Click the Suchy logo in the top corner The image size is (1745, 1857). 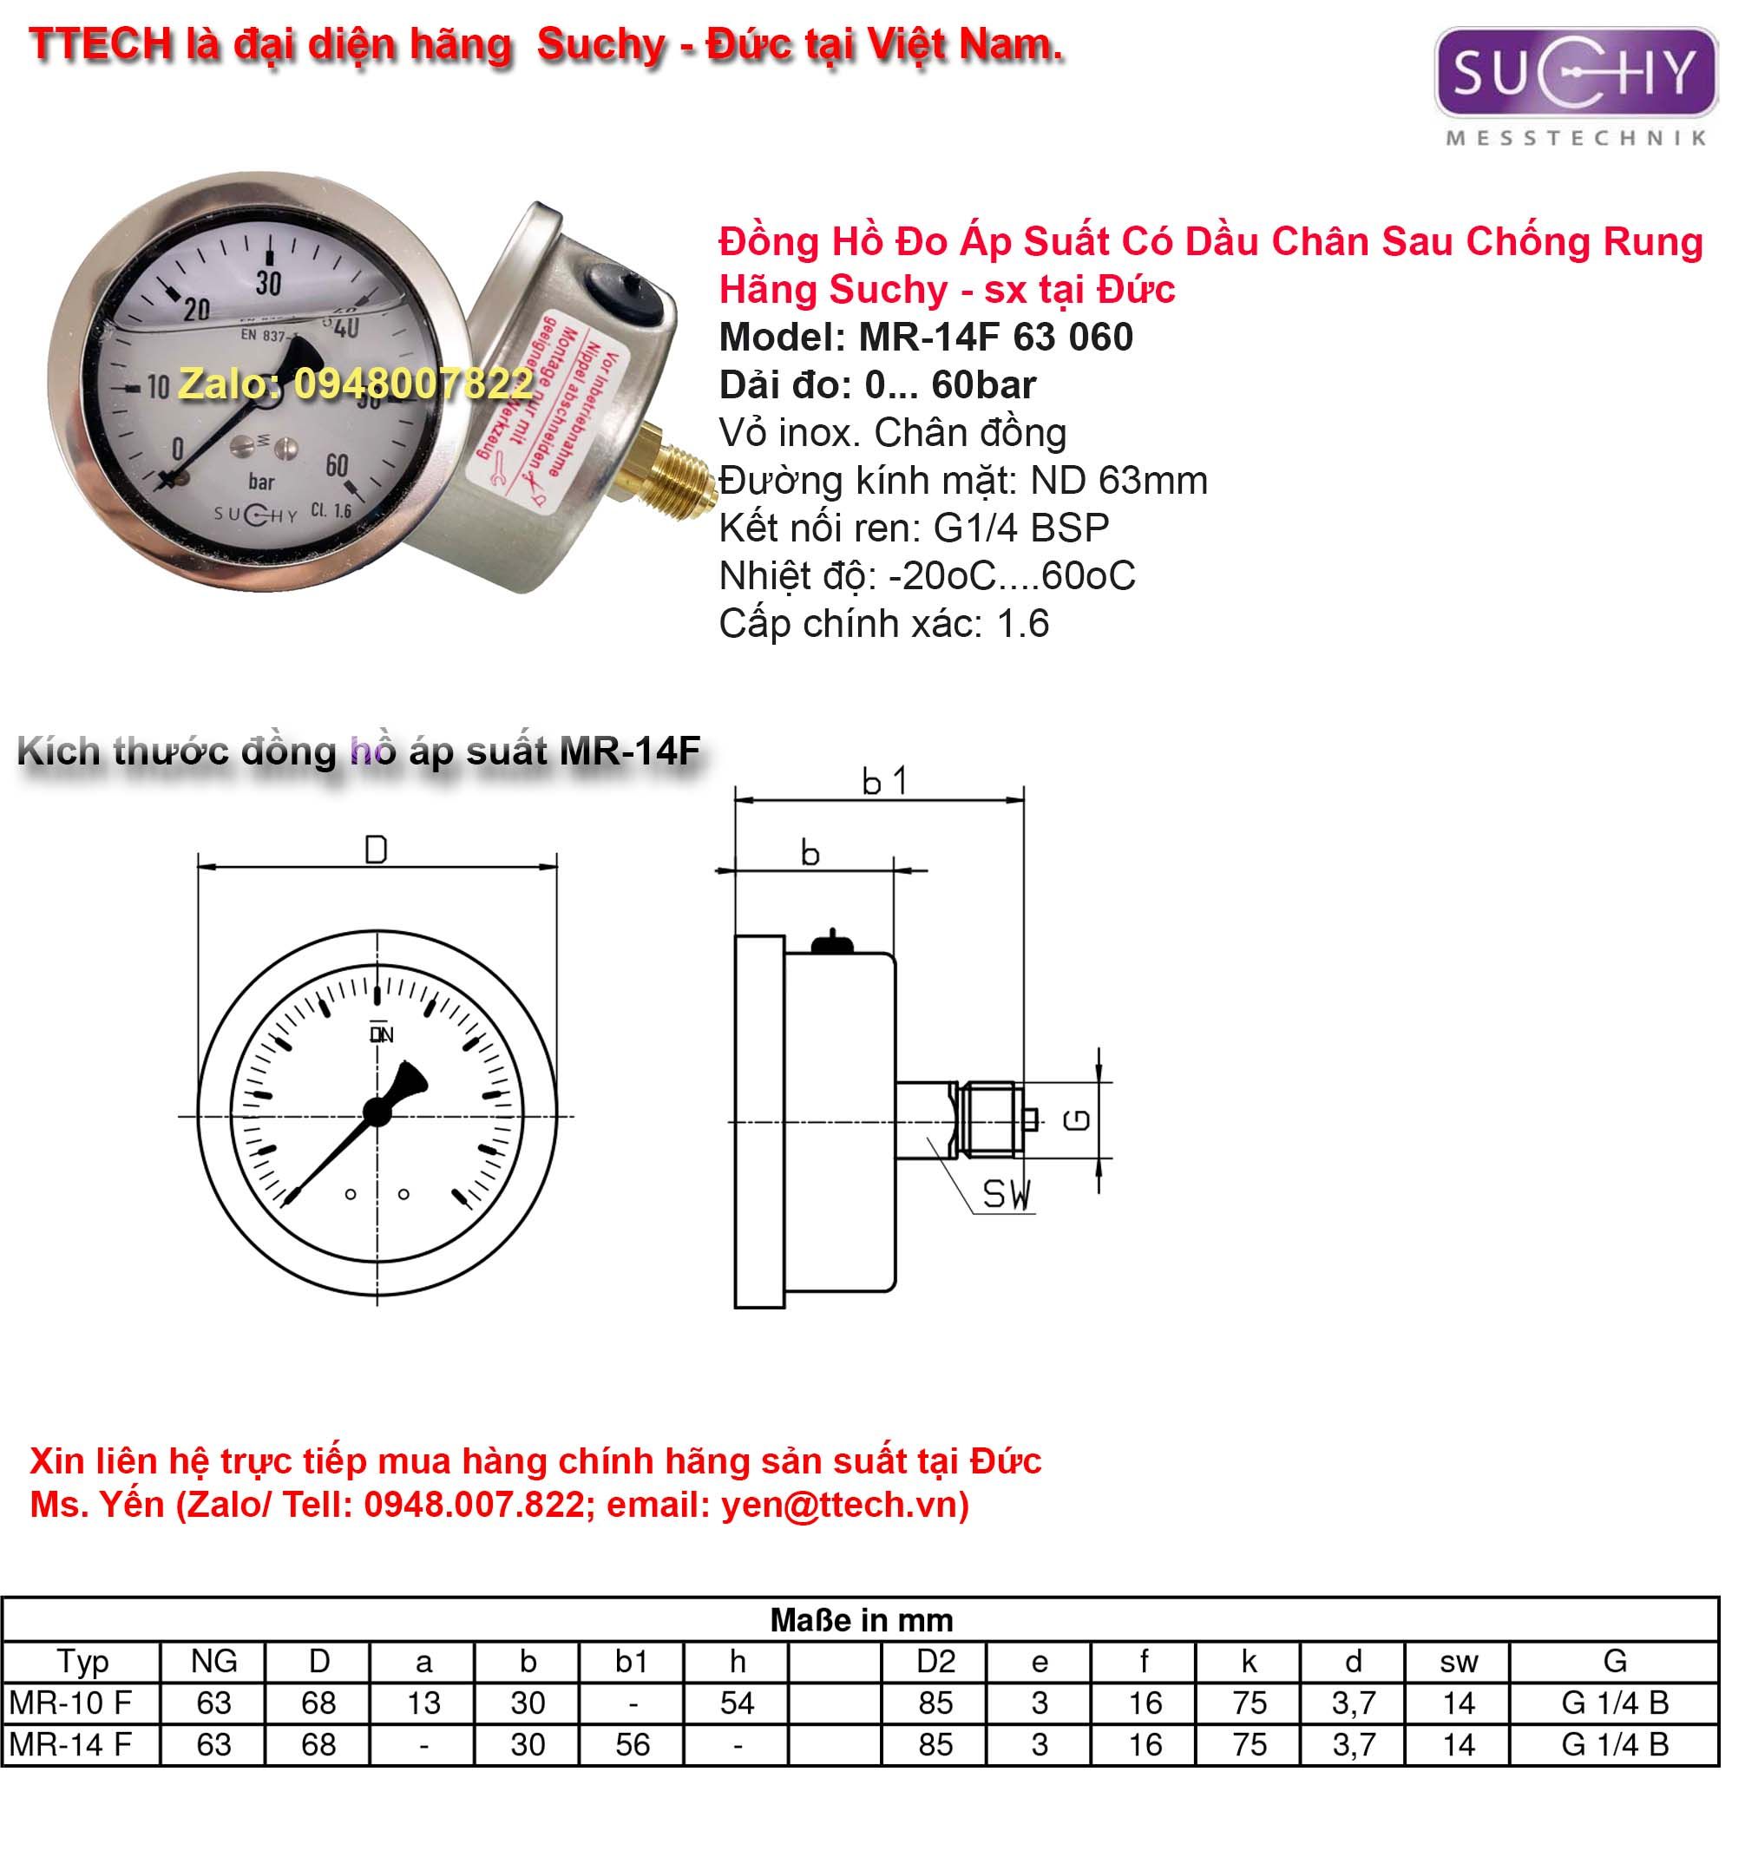click(x=1575, y=73)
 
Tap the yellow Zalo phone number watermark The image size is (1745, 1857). click(x=355, y=383)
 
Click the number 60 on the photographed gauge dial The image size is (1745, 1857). click(x=337, y=465)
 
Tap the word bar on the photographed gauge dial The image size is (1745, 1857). click(x=261, y=482)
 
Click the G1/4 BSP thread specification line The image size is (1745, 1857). click(x=914, y=528)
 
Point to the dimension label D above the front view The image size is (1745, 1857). click(x=376, y=850)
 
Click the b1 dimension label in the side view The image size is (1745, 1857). click(x=882, y=781)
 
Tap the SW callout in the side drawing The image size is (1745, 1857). click(x=1006, y=1195)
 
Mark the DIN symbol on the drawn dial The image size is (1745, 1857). click(x=381, y=1033)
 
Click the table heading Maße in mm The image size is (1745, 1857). click(x=862, y=1620)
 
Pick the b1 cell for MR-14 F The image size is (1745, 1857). click(x=633, y=1744)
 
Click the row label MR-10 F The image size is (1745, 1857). click(x=70, y=1703)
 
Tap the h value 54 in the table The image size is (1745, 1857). click(x=736, y=1703)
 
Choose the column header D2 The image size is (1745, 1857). click(x=935, y=1662)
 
